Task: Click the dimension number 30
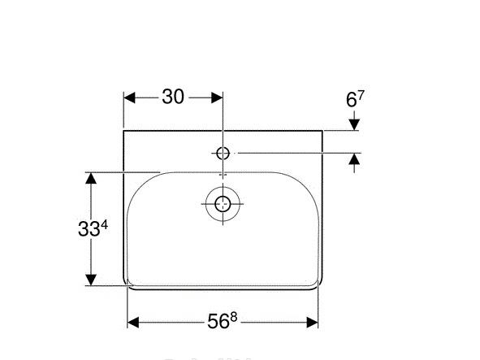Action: click(x=172, y=97)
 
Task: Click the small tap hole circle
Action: click(x=223, y=152)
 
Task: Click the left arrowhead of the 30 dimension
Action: click(x=129, y=97)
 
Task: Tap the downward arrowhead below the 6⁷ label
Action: click(x=354, y=124)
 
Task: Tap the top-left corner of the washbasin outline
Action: click(x=123, y=129)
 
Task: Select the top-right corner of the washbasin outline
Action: click(x=322, y=129)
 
